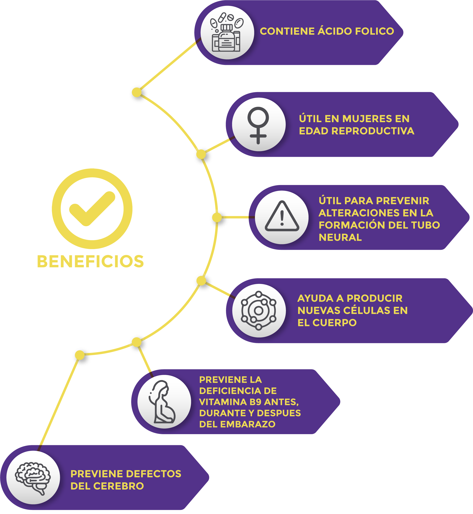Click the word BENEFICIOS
90,261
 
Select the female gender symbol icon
258,125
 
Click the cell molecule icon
259,310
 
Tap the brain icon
33,478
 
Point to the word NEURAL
340,238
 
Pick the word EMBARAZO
247,424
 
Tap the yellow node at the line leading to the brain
80,355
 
